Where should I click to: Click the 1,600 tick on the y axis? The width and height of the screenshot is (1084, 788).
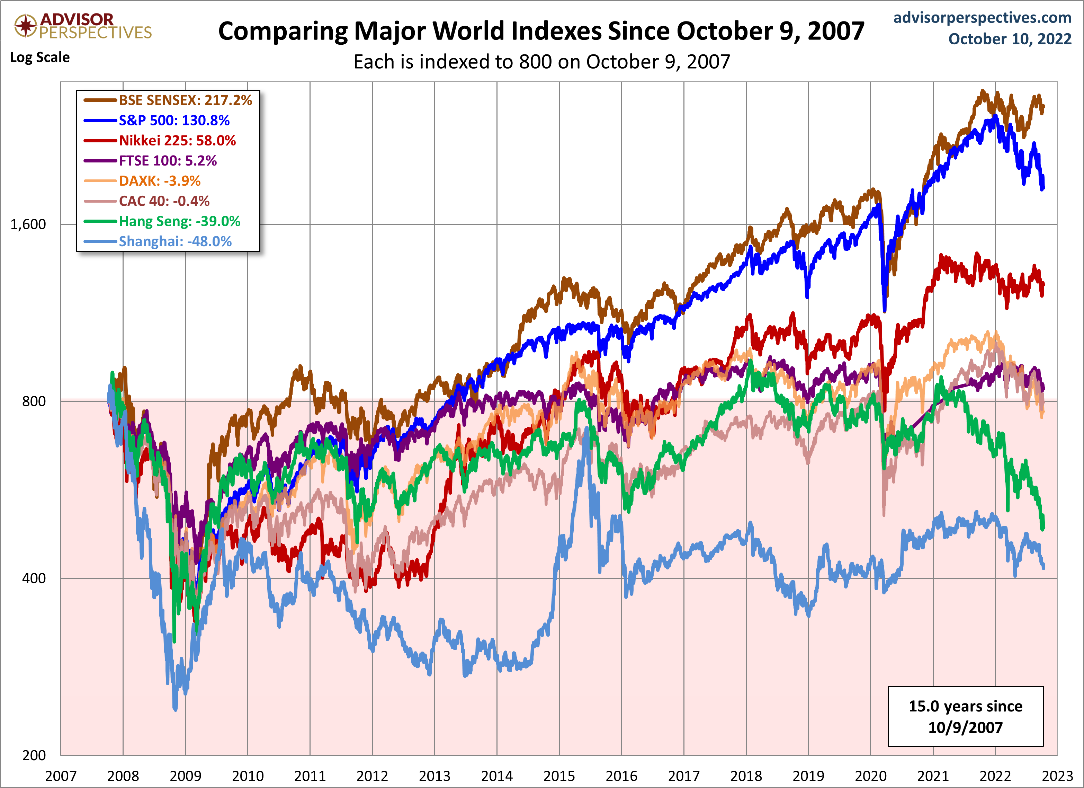[x=28, y=224]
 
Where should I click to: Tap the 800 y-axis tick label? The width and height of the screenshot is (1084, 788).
[x=34, y=401]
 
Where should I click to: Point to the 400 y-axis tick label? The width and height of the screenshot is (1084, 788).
[x=34, y=578]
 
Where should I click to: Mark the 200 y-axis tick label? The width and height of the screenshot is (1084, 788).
[x=34, y=755]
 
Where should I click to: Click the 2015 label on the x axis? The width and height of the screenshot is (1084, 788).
[x=559, y=776]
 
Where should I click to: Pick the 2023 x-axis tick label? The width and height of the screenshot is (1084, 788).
[x=1057, y=776]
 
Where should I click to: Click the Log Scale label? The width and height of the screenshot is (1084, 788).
[x=40, y=57]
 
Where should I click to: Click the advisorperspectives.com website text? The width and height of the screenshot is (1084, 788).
[x=982, y=18]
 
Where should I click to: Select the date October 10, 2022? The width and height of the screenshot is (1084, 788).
[x=1010, y=39]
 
